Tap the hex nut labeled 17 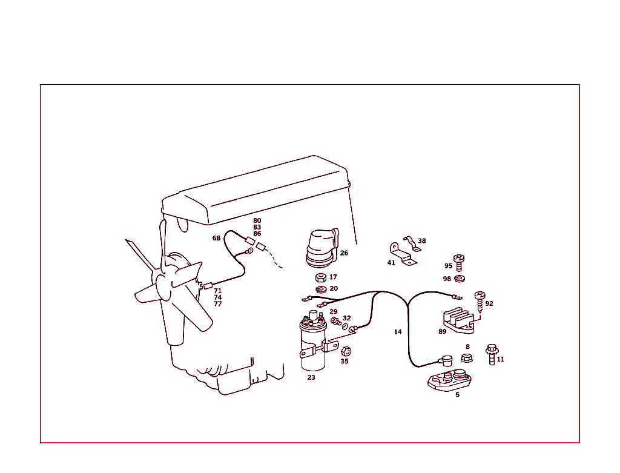pyautogui.click(x=322, y=278)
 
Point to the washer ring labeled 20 pyautogui.click(x=322, y=288)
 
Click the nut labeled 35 pyautogui.click(x=346, y=351)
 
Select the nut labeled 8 pyautogui.click(x=467, y=357)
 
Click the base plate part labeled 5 pyautogui.click(x=450, y=380)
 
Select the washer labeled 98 pyautogui.click(x=460, y=278)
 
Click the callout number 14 pyautogui.click(x=398, y=332)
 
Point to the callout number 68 pyautogui.click(x=216, y=238)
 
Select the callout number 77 pyautogui.click(x=218, y=304)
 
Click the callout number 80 pyautogui.click(x=257, y=220)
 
